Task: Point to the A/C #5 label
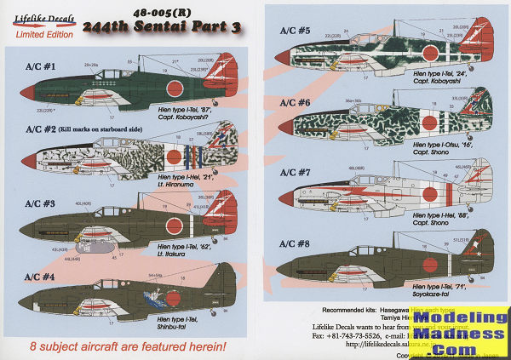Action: click(x=296, y=29)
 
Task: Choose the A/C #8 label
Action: click(x=296, y=243)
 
